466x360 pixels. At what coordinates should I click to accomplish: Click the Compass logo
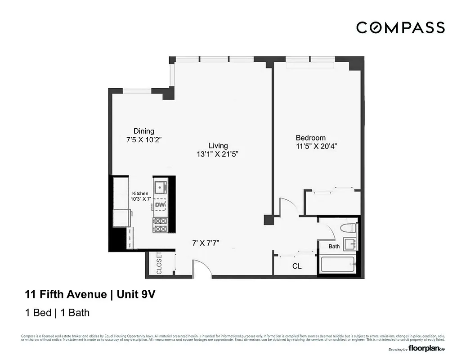(x=400, y=27)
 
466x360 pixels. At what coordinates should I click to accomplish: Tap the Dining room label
(x=143, y=131)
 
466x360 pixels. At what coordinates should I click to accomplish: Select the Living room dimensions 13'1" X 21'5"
(x=217, y=154)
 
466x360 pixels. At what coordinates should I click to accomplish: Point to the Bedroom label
(x=310, y=138)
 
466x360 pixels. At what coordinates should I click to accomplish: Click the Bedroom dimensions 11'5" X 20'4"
(x=316, y=146)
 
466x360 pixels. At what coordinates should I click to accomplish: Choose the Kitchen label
(x=140, y=193)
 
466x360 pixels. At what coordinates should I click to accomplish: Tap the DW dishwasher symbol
(x=160, y=206)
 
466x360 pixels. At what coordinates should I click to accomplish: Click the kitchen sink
(x=161, y=185)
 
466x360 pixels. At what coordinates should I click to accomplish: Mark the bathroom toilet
(x=348, y=228)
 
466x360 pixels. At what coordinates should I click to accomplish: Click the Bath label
(x=334, y=246)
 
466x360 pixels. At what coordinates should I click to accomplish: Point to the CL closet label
(x=297, y=266)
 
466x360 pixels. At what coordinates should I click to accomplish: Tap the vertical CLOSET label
(x=159, y=263)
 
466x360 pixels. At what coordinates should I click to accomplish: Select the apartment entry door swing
(x=201, y=267)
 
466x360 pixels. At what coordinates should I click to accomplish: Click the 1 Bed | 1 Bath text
(x=57, y=312)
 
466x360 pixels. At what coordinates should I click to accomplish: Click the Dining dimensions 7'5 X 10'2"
(x=143, y=139)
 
